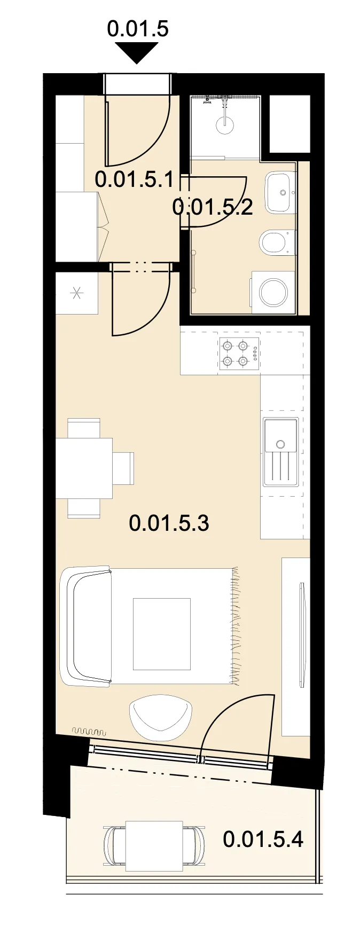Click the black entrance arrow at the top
click(137, 52)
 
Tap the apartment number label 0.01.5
click(138, 28)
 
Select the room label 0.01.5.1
click(134, 179)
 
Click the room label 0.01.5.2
click(213, 206)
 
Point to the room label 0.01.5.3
click(169, 522)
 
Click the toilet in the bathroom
click(277, 242)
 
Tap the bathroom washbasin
click(280, 192)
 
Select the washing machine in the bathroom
click(273, 292)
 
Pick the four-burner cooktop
click(239, 354)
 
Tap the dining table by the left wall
click(84, 468)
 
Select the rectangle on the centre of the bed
click(162, 634)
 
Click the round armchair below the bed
click(160, 717)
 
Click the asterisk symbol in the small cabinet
click(76, 293)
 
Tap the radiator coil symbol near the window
click(89, 731)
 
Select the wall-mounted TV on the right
click(303, 635)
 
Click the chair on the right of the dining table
click(123, 468)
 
